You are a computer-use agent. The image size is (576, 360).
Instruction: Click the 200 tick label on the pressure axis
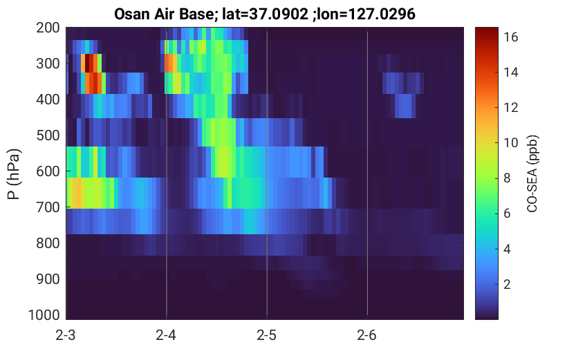click(x=48, y=28)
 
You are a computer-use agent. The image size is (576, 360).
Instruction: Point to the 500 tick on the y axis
click(x=48, y=135)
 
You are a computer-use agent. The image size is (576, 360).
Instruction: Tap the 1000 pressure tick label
click(x=44, y=315)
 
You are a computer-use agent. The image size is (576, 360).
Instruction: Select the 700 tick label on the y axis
click(x=48, y=207)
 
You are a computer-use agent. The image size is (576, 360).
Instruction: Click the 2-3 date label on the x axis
click(x=66, y=335)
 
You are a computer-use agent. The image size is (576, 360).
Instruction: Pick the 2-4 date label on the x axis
click(x=166, y=335)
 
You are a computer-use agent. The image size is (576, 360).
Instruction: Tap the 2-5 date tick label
click(x=267, y=335)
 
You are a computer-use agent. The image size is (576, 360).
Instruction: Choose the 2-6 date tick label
click(x=367, y=335)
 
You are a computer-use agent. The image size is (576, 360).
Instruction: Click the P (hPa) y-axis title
click(x=14, y=174)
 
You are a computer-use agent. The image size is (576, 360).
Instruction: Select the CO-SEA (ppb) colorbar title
click(x=532, y=174)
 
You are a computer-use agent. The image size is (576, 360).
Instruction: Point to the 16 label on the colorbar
click(x=510, y=37)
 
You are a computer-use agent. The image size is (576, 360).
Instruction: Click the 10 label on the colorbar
click(x=510, y=143)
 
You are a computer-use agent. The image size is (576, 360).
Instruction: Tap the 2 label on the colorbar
click(x=508, y=284)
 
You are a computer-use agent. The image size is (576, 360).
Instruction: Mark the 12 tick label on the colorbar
click(x=510, y=108)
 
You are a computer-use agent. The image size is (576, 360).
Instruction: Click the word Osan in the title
click(x=131, y=15)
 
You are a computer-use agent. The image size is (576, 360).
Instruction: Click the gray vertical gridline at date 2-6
click(x=367, y=173)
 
